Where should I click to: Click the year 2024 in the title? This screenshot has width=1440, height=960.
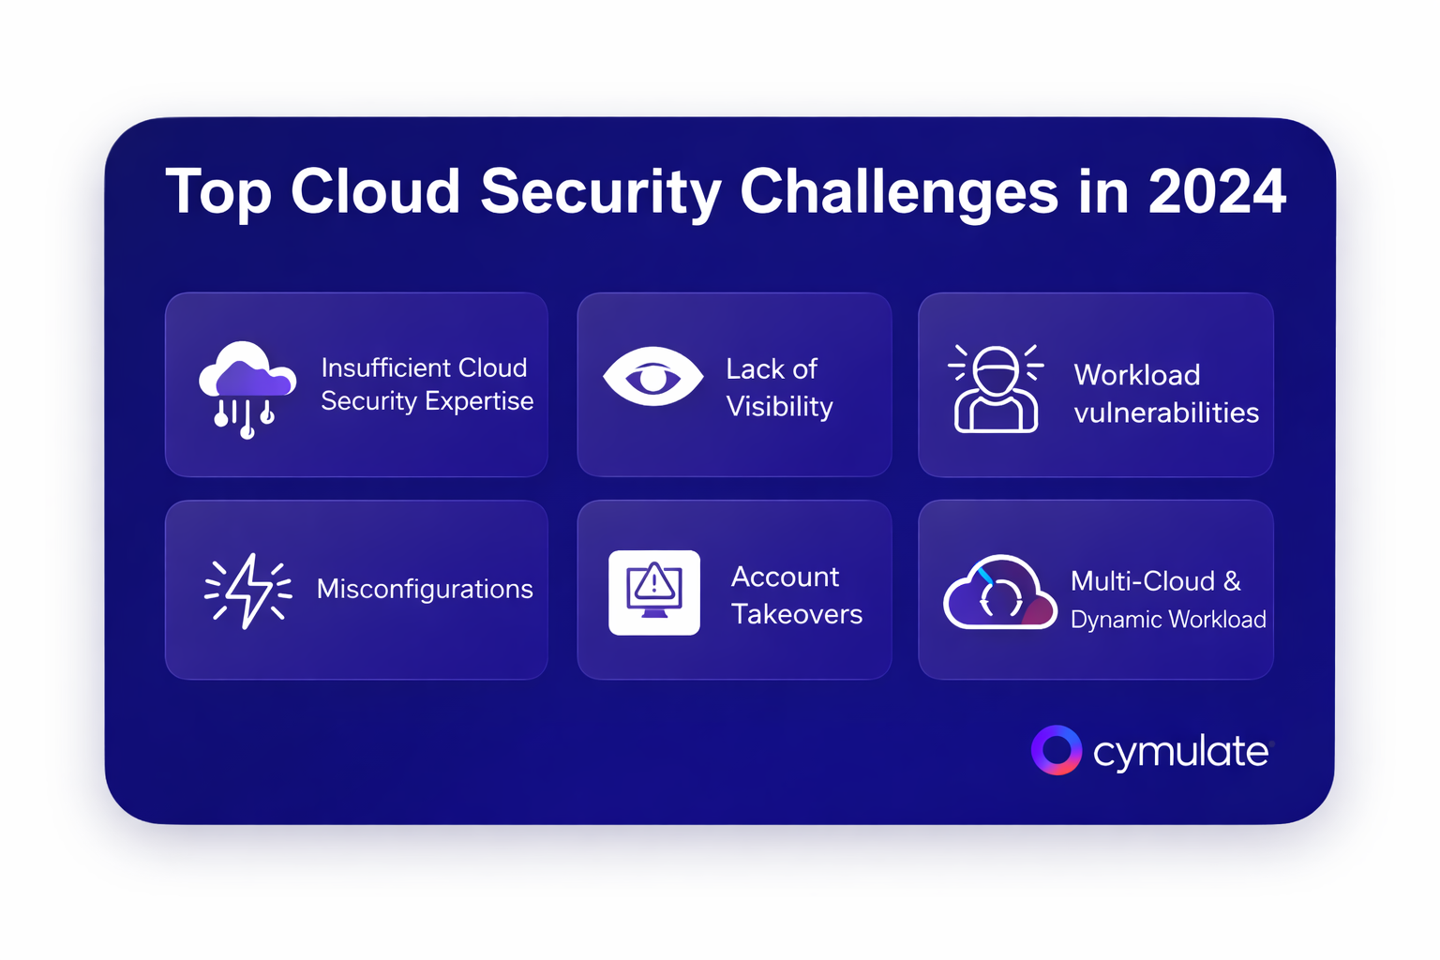click(1217, 191)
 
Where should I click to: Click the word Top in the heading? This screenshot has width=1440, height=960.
click(218, 194)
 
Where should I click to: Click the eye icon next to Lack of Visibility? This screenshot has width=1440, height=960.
click(652, 377)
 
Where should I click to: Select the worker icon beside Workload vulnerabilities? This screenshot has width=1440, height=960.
click(995, 388)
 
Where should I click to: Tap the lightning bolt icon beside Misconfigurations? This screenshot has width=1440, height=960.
click(248, 591)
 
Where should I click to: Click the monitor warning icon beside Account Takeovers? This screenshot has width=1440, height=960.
click(653, 592)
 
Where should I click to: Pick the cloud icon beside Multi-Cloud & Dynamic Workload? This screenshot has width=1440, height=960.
click(999, 592)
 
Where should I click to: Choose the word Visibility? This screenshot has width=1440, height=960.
click(780, 407)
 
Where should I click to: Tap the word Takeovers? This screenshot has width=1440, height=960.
click(797, 614)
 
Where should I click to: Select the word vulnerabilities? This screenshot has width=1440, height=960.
click(1166, 412)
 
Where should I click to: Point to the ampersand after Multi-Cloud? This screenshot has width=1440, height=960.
click(1232, 581)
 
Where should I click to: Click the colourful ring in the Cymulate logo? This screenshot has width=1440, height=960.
click(1057, 750)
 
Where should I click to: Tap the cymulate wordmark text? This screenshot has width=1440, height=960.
click(1181, 752)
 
